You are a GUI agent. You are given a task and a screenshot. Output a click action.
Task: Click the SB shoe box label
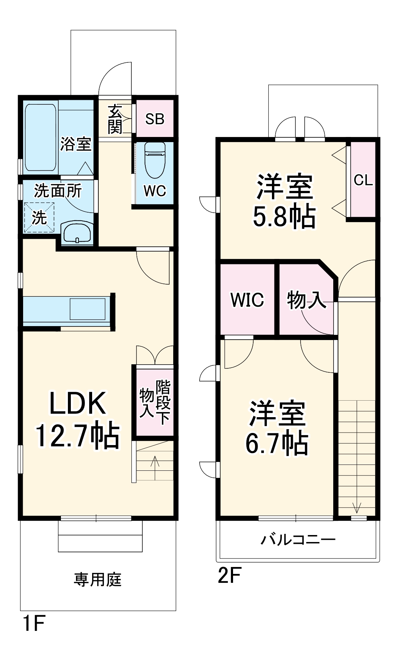155,119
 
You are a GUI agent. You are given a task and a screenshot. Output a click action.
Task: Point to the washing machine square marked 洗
39,218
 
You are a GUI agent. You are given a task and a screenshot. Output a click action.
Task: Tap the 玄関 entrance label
115,119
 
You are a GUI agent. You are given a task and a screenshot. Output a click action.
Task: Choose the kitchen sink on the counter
87,309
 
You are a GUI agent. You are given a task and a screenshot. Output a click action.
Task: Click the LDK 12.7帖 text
77,419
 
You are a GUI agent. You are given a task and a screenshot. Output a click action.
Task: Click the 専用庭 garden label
97,580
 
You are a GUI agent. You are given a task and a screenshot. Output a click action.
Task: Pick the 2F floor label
229,575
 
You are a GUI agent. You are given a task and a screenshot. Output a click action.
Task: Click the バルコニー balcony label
298,539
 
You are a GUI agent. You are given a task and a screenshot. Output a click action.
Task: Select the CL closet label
363,180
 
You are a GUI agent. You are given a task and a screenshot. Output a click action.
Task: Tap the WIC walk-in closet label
247,300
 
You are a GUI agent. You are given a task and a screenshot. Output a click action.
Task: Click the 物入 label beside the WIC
306,300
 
